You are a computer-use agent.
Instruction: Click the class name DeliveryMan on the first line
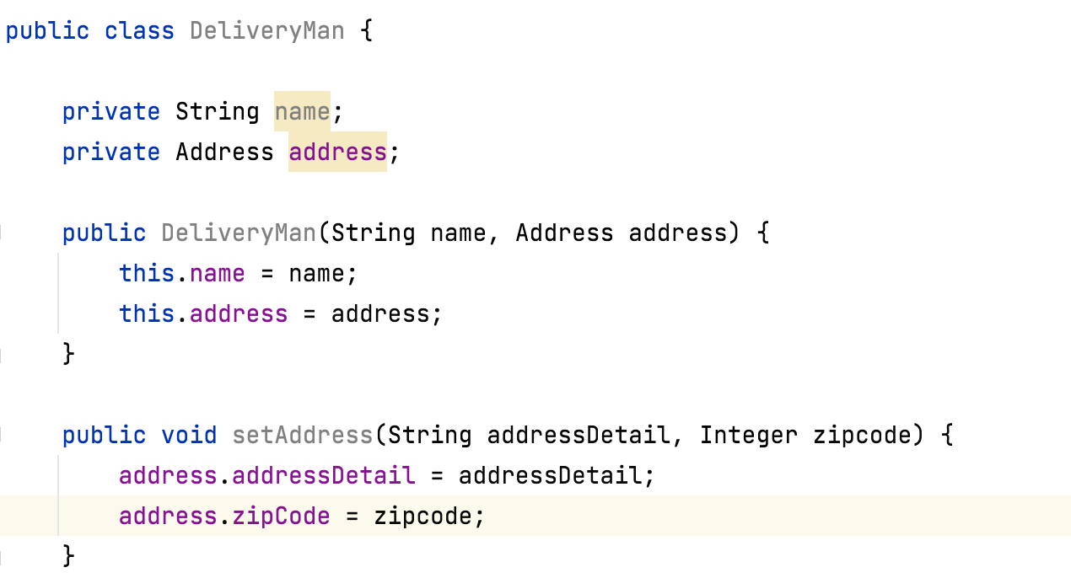(x=266, y=31)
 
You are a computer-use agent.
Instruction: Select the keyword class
(x=139, y=31)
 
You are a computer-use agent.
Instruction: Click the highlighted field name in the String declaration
(x=302, y=111)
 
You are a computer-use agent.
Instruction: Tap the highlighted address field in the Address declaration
(x=337, y=152)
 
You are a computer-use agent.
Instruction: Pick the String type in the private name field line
(x=217, y=111)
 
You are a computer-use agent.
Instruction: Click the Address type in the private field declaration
(x=224, y=152)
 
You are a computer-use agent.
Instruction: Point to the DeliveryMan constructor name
(x=239, y=233)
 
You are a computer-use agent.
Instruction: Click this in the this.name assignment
(x=147, y=273)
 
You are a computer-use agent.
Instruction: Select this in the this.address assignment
(x=147, y=313)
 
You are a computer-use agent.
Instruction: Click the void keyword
(x=189, y=435)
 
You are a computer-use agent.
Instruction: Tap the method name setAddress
(x=302, y=435)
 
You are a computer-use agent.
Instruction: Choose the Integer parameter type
(x=748, y=435)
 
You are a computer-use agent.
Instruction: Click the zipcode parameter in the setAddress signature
(x=862, y=435)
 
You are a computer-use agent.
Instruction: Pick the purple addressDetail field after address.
(x=323, y=475)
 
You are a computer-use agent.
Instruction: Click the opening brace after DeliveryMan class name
(x=366, y=32)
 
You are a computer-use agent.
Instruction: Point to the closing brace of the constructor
(x=69, y=354)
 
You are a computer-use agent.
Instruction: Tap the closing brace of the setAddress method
(x=69, y=556)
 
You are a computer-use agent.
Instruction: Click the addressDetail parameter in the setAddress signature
(x=579, y=435)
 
